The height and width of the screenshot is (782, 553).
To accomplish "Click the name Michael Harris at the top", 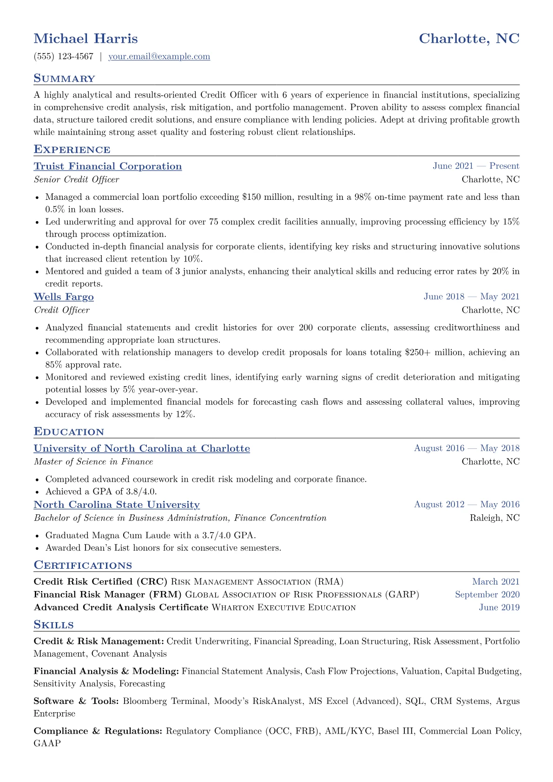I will pos(86,39).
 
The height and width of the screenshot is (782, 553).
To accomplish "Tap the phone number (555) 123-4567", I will pos(64,57).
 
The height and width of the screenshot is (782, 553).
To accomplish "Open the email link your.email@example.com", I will pos(159,57).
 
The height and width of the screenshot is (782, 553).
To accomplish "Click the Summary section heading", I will pos(64,79).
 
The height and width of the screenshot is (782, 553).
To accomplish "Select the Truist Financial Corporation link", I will pos(108,166).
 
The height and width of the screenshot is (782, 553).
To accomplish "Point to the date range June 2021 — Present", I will pos(476,166).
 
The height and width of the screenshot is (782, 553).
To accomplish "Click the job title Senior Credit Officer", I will pos(76,179).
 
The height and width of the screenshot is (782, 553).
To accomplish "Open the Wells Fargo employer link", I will pos(64,297).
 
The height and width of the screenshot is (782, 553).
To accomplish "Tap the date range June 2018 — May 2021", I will pos(471,297).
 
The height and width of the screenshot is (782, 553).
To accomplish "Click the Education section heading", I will pos(69,432).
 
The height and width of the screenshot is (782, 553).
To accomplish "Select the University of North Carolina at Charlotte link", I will pos(142,448).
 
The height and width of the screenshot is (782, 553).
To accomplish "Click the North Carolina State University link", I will pos(117,505).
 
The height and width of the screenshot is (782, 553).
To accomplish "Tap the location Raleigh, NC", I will pos(494,518).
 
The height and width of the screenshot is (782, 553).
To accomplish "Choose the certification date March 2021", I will pos(496,582).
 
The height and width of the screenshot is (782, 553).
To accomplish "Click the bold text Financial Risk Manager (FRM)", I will pos(108,594).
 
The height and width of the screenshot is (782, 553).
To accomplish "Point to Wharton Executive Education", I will pos(283,607).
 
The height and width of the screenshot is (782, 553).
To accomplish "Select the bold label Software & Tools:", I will pos(77,701).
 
